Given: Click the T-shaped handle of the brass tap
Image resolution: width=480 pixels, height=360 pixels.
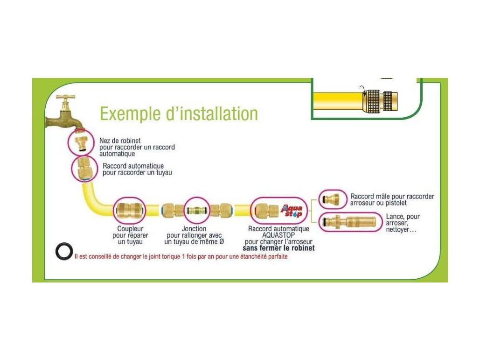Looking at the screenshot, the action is (x=65, y=98).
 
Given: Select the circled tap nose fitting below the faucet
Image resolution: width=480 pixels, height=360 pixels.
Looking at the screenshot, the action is (x=81, y=141).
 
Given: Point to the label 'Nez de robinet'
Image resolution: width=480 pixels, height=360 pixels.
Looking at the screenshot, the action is (x=120, y=141).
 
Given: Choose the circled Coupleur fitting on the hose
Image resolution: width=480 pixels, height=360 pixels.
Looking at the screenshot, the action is (x=130, y=210).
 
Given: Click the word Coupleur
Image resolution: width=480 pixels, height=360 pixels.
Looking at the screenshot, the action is (x=130, y=229).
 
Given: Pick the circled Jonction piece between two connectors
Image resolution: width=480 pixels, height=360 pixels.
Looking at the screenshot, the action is (x=196, y=211).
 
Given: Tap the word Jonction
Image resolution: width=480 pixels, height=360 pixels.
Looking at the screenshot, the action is (x=194, y=229).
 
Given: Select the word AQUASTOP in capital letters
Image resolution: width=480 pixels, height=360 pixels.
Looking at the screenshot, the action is (x=278, y=235).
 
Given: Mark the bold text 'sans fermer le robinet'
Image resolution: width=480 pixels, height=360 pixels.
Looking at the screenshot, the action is (x=278, y=248).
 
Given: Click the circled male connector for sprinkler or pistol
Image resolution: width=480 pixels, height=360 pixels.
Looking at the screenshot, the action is (x=332, y=199).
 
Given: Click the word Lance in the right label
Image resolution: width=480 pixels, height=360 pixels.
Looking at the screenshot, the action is (x=395, y=217).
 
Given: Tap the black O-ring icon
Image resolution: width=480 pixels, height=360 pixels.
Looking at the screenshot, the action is (x=64, y=251).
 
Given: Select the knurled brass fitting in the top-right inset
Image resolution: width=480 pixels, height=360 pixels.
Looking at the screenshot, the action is (x=381, y=100).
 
